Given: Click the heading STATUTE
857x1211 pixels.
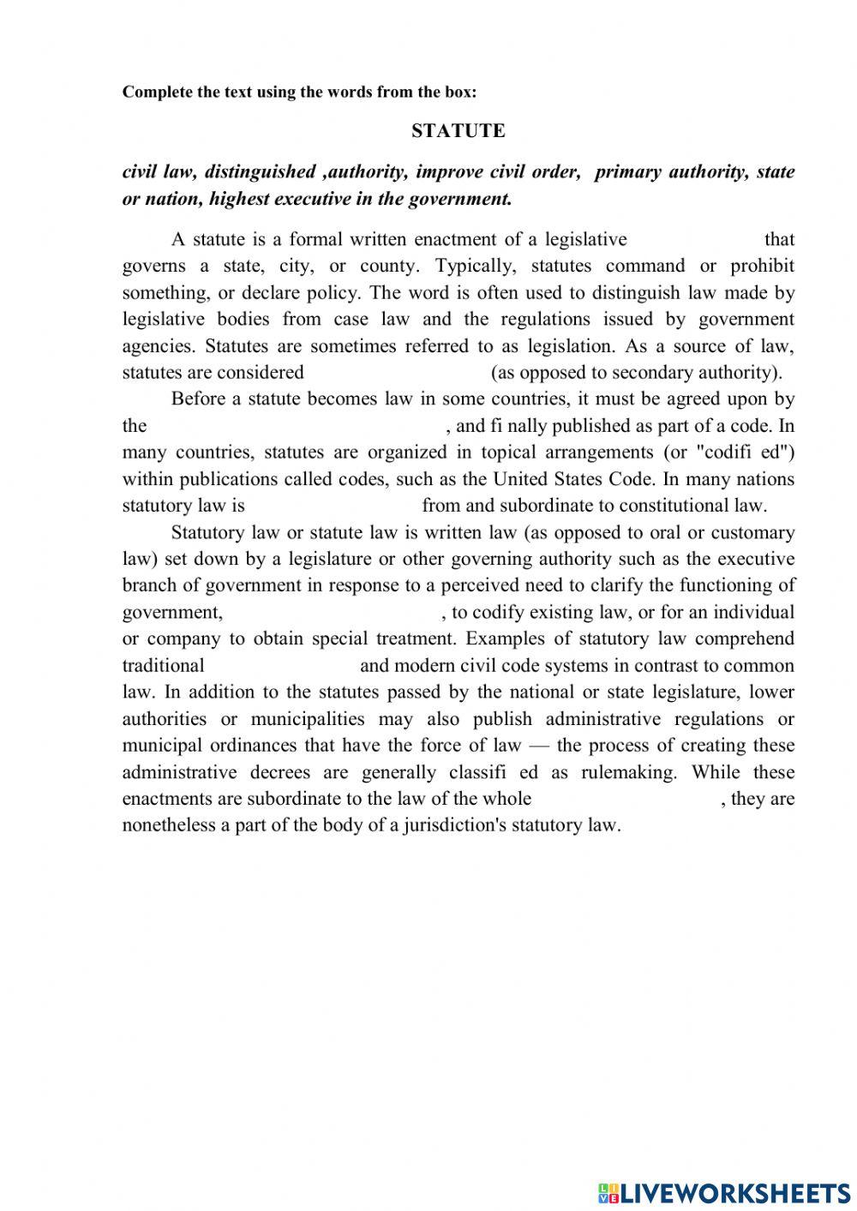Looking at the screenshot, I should pos(458,131).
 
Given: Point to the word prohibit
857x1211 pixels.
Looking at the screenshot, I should pos(762,266).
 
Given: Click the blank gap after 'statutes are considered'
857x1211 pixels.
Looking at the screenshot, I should pos(397,373).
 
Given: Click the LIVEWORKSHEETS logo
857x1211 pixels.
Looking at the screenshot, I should pos(724,1191).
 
